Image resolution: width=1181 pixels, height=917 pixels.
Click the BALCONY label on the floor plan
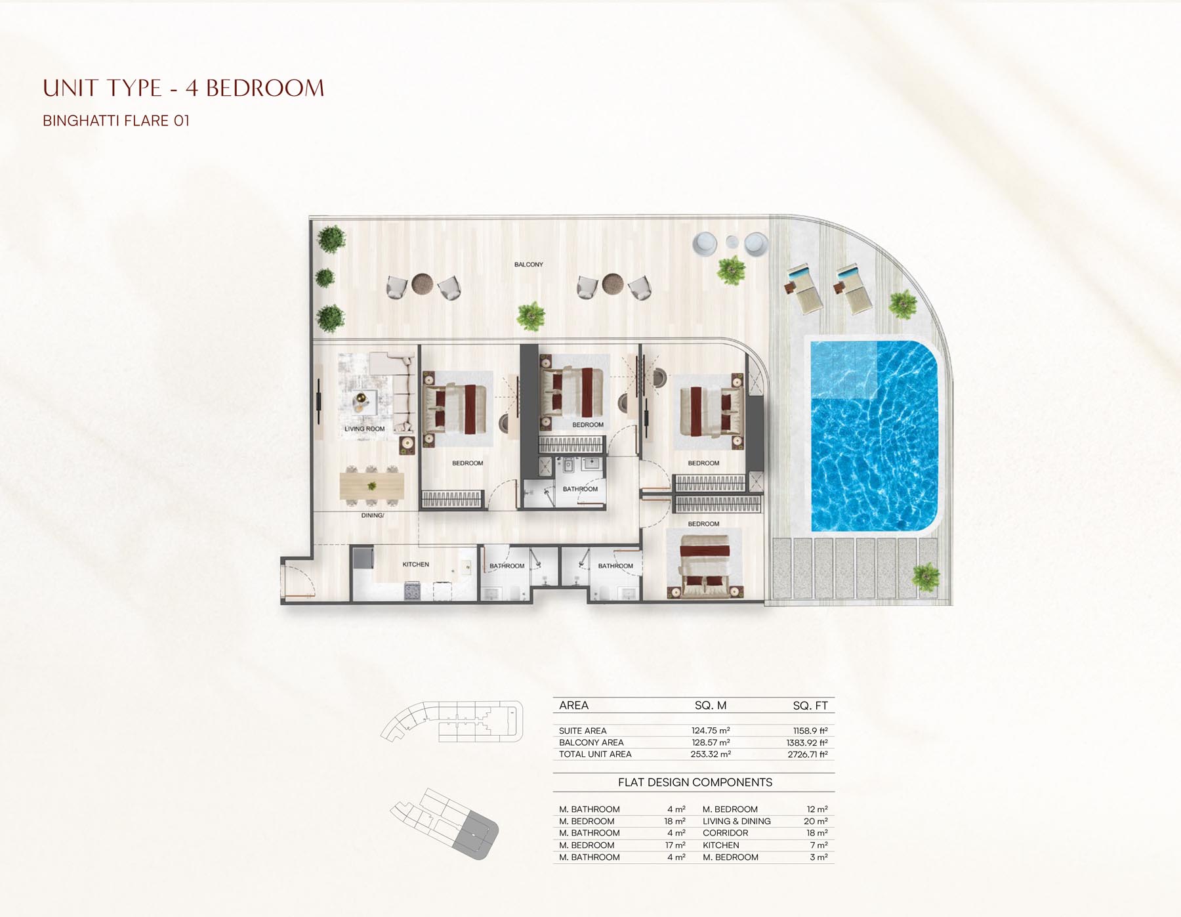528,265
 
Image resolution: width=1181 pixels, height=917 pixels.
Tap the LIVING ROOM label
365,429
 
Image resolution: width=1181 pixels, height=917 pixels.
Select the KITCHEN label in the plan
415,565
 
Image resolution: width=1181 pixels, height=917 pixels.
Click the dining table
371,486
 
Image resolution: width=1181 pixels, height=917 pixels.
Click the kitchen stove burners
411,591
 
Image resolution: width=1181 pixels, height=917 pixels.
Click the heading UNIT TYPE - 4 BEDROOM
184,88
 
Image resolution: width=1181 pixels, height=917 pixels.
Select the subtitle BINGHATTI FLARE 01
116,121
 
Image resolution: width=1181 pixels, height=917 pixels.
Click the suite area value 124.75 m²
711,731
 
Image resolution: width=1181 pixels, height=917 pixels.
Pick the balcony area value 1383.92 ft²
807,742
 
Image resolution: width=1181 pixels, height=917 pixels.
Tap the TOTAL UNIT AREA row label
595,754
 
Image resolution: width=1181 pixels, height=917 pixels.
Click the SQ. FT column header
810,706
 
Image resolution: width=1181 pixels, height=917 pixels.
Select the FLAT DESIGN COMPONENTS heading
695,782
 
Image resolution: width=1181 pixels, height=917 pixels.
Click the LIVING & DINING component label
736,821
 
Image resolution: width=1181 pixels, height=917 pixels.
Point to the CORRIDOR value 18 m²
817,833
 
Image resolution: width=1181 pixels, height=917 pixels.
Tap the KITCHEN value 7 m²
819,845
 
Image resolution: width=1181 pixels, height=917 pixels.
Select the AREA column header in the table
573,706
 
